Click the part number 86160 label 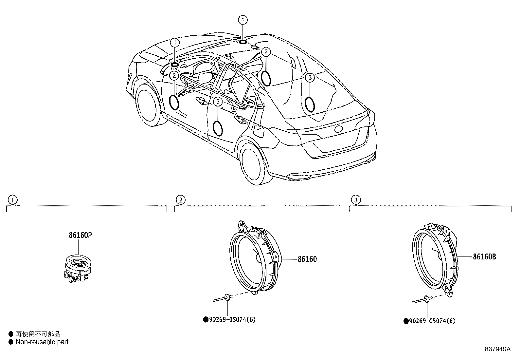307,259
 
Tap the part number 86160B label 484,257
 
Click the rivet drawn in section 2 223,298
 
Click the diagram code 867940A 497,349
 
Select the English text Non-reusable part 42,342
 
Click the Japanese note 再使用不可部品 38,334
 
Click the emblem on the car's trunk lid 338,129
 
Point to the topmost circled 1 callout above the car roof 243,20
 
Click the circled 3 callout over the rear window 310,78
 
